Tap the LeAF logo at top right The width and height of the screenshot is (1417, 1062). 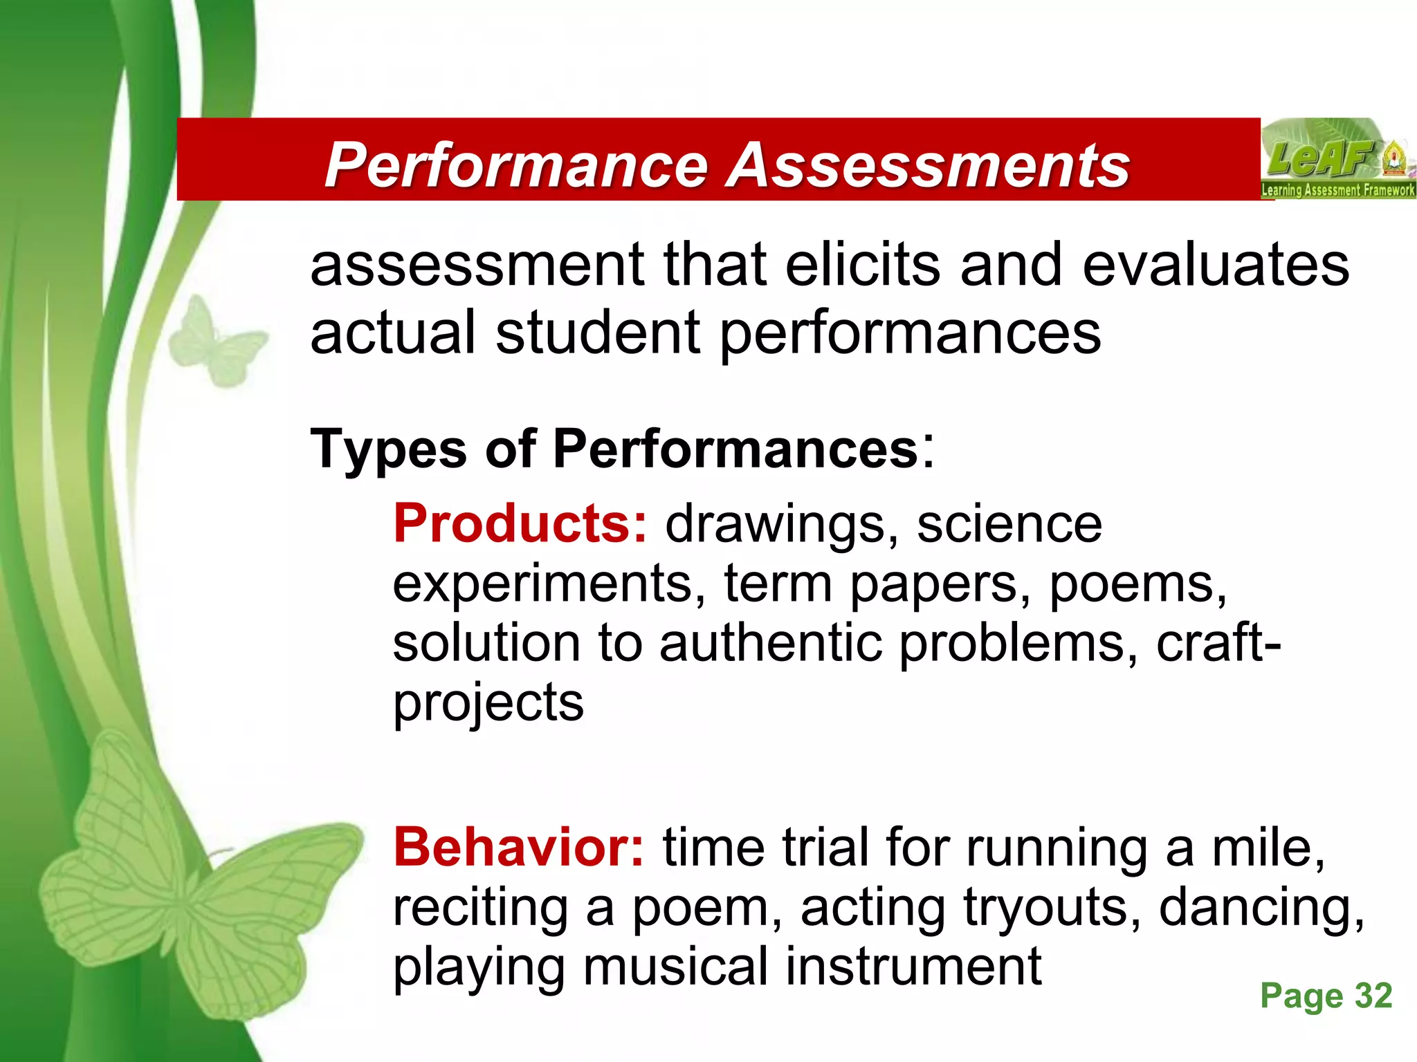click(x=1337, y=159)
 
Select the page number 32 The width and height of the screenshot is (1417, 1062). click(x=1373, y=996)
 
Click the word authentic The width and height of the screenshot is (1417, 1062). click(x=771, y=643)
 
